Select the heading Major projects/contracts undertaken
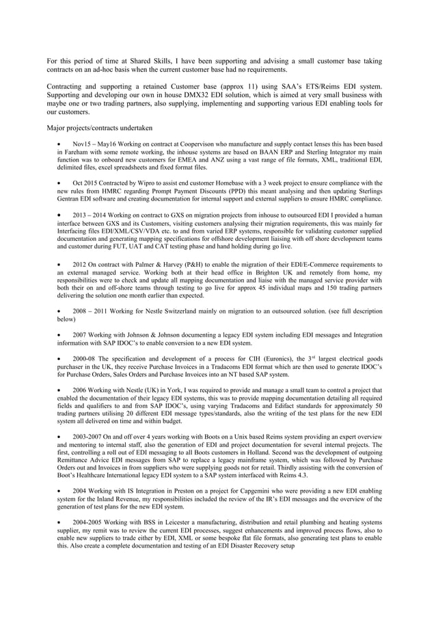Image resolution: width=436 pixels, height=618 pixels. pyautogui.click(x=99, y=128)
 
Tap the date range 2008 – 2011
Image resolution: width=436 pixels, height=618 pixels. pyautogui.click(x=91, y=309)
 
